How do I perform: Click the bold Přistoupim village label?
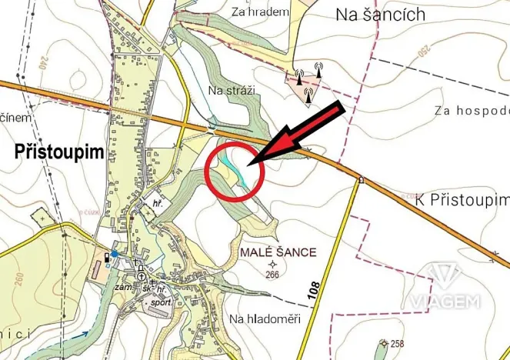click(x=58, y=152)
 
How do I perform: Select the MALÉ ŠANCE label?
click(x=278, y=252)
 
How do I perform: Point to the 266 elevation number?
click(x=272, y=275)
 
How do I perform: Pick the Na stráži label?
click(x=231, y=91)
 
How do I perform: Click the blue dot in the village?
click(x=114, y=253)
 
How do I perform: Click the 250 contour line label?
click(x=421, y=55)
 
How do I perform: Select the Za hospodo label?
click(x=472, y=110)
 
